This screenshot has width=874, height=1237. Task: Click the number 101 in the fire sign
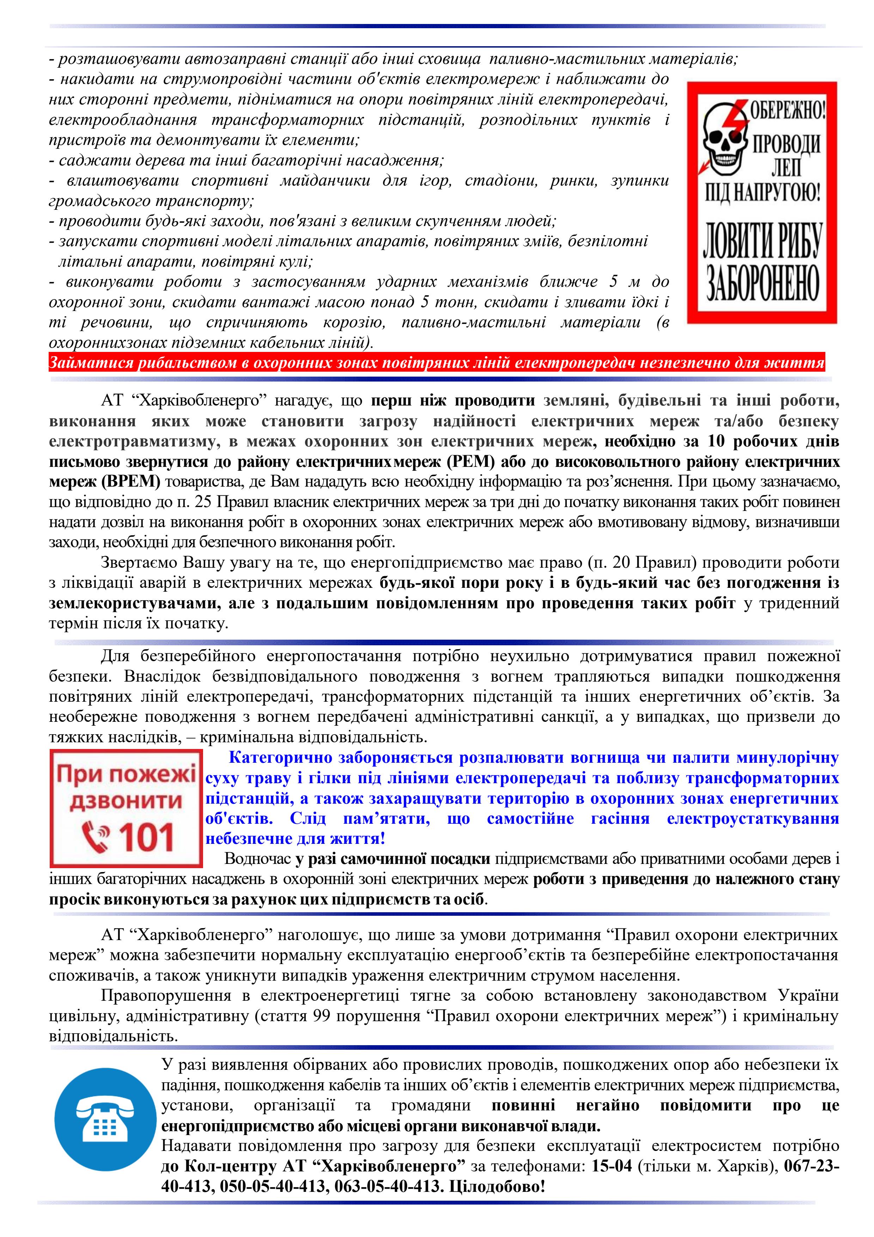point(146,838)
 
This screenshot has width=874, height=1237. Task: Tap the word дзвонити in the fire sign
point(126,801)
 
